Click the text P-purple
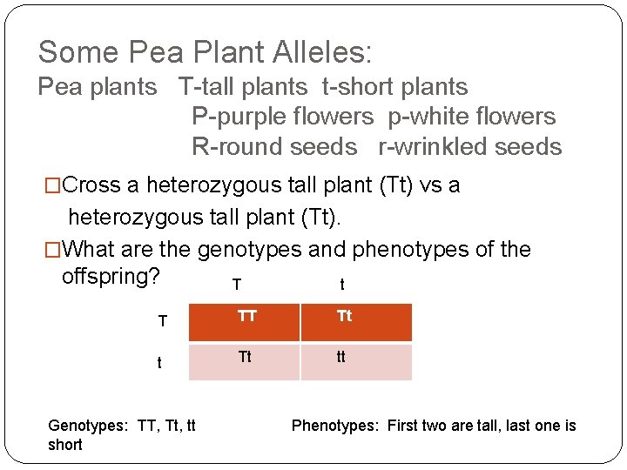(x=233, y=117)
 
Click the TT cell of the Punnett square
(x=247, y=317)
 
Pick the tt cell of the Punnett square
(x=340, y=357)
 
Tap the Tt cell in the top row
(x=345, y=317)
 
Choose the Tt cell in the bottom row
(x=245, y=357)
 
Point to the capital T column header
(x=236, y=285)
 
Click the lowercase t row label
(x=159, y=363)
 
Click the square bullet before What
(x=54, y=250)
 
